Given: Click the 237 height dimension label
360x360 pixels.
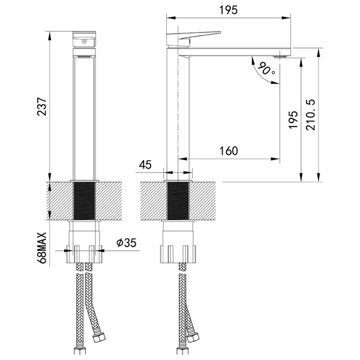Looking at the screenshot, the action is (42, 107).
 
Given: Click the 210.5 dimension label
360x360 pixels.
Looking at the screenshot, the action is (311, 115).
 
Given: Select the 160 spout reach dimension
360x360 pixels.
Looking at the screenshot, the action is (229, 151).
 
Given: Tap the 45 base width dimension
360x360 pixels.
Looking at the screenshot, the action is (145, 164).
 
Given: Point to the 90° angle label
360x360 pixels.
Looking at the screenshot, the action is (266, 69).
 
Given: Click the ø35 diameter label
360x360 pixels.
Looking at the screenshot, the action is (126, 242).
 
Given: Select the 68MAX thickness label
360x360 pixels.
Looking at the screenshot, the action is (42, 248).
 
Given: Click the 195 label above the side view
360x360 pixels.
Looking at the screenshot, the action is (228, 10).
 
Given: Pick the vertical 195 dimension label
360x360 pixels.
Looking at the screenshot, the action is (293, 119).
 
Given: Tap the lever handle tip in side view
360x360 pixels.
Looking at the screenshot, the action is (220, 32).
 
